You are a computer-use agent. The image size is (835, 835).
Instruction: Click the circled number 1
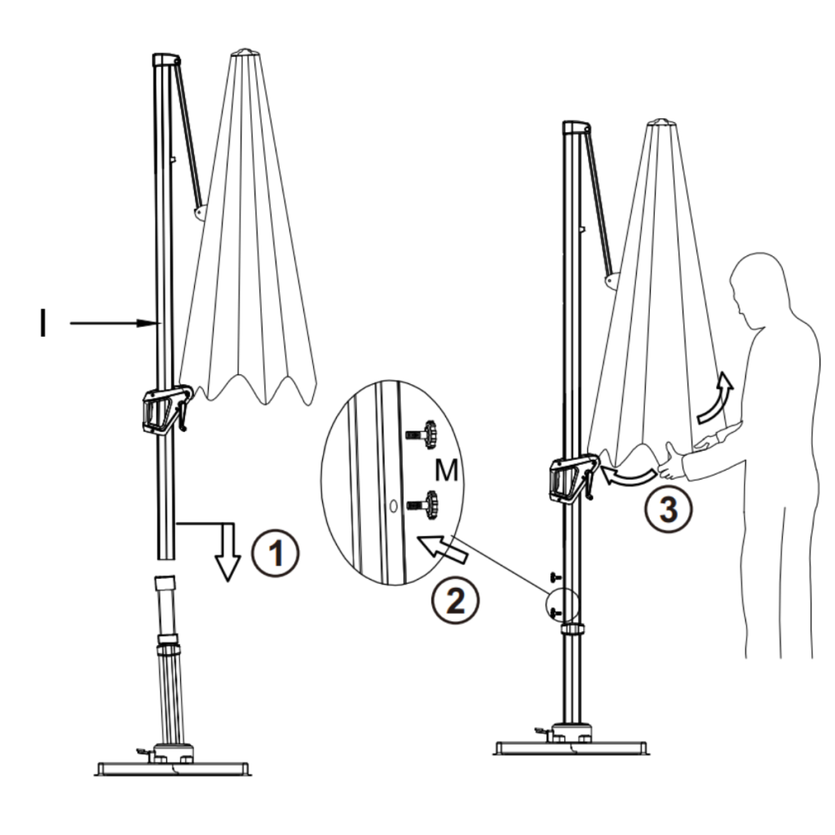(x=276, y=554)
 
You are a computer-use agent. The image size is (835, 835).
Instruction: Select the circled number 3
(x=667, y=510)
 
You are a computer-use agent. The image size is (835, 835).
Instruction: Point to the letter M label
(x=444, y=469)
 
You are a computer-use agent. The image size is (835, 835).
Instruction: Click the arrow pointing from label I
(x=114, y=324)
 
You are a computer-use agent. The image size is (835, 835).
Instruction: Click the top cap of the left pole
(x=166, y=60)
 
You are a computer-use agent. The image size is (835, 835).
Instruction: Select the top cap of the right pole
(x=577, y=126)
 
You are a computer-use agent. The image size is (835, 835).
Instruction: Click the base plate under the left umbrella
(x=172, y=767)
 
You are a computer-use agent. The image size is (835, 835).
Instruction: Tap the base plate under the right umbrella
(x=571, y=747)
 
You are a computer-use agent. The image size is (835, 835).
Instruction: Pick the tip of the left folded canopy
(x=244, y=53)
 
